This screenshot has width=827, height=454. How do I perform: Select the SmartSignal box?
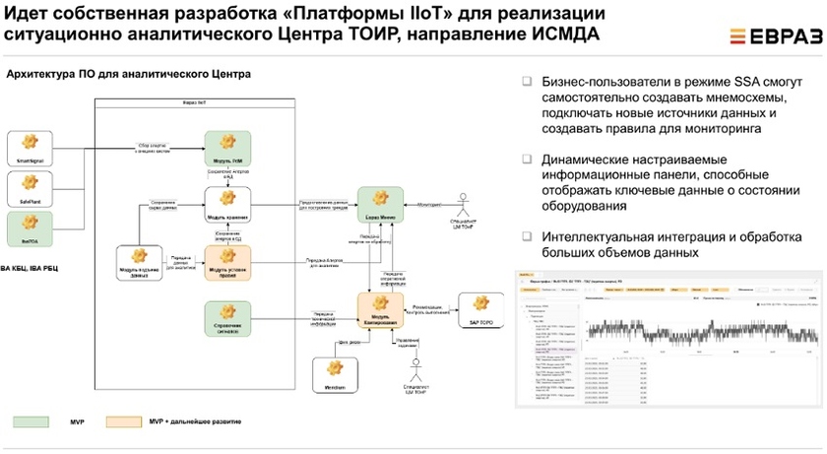30,148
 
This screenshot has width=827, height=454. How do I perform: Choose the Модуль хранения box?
227,205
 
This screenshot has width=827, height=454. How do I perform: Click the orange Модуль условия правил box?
227,263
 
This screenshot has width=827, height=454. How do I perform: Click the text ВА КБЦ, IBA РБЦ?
31,268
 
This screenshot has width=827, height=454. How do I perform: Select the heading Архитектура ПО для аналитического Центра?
129,75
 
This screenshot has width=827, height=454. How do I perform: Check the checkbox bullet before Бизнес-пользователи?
527,81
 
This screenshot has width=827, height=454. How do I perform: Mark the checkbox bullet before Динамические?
527,160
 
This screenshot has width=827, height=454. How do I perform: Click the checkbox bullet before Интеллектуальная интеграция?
527,236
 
